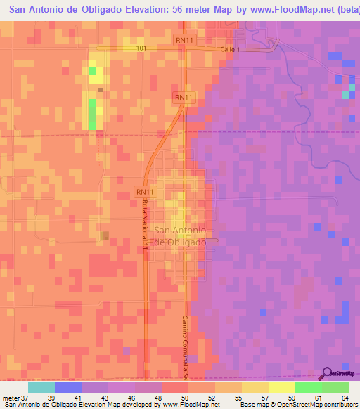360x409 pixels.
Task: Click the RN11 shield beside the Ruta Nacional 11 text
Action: [144, 191]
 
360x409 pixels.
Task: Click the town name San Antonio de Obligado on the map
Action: [180, 235]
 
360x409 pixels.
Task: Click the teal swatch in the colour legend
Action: [41, 387]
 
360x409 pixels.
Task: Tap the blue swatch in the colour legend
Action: [68, 387]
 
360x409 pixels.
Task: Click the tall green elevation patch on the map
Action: [93, 114]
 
